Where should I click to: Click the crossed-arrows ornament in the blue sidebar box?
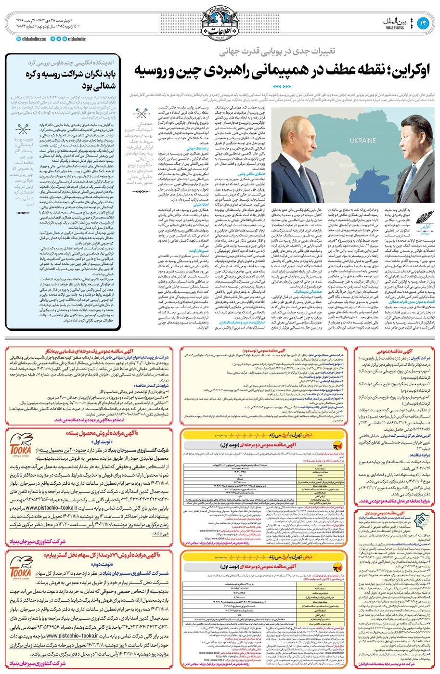[x=21, y=129]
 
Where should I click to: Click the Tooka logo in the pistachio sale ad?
[x=20, y=449]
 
